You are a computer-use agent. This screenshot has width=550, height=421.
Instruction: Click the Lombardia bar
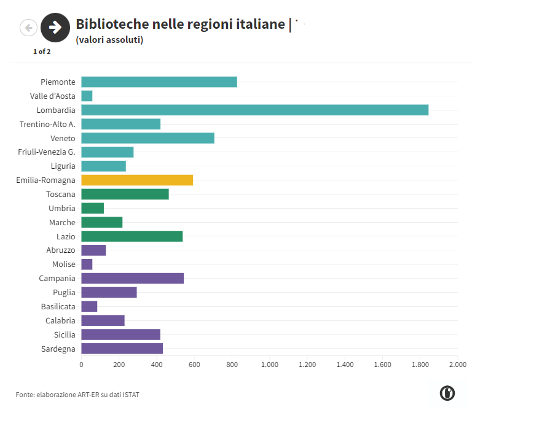[254, 110]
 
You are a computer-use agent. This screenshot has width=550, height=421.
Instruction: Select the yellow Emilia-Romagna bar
[137, 180]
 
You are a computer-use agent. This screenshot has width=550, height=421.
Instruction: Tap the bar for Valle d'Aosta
[87, 96]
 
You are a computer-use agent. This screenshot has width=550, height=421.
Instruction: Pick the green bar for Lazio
[132, 236]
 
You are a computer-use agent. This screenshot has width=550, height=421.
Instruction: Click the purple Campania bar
[133, 279]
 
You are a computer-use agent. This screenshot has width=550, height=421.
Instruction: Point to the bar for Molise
[87, 265]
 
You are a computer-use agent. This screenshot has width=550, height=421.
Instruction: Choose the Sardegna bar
[122, 349]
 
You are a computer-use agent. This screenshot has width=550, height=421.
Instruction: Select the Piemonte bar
[159, 82]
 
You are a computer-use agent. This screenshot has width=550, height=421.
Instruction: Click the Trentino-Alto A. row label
[47, 125]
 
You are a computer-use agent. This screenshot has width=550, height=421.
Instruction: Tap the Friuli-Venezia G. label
[47, 152]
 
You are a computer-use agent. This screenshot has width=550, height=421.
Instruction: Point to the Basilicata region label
[58, 307]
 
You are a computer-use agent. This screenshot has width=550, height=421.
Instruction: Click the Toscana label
[61, 195]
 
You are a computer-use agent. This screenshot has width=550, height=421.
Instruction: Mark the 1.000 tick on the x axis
[270, 365]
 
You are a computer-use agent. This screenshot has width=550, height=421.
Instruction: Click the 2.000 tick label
[458, 365]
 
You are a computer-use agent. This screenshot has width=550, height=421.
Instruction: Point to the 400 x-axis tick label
[157, 365]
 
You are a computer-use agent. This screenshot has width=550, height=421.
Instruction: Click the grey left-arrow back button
[28, 27]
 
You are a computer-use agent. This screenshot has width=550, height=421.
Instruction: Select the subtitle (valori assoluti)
[109, 40]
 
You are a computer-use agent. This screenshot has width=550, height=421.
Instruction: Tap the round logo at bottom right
[447, 393]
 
